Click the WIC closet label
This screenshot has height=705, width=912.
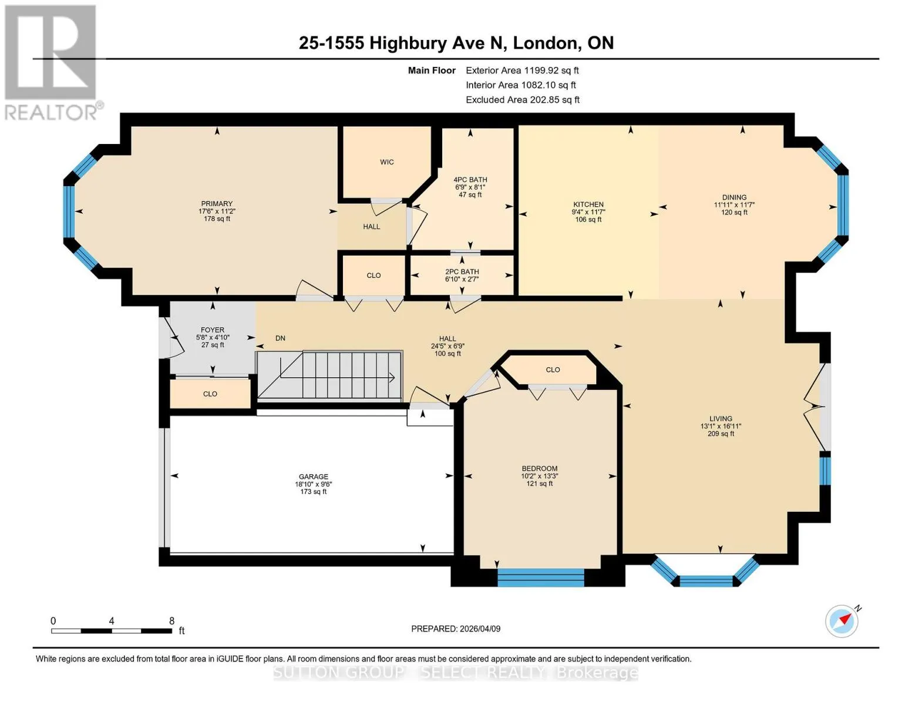click(386, 162)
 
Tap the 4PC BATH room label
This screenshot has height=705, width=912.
click(470, 180)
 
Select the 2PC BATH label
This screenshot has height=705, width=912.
click(462, 271)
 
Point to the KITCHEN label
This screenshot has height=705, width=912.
click(588, 204)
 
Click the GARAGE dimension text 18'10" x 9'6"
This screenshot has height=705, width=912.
click(313, 484)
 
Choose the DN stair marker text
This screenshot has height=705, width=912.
click(280, 338)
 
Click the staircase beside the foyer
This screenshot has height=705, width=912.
click(329, 375)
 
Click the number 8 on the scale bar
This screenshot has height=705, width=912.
click(171, 620)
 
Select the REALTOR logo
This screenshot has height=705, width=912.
click(52, 62)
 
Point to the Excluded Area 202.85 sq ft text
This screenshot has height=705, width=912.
click(523, 100)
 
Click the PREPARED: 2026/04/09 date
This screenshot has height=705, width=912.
click(455, 629)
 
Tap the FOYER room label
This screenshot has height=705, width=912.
click(213, 330)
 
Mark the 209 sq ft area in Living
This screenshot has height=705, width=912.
click(721, 434)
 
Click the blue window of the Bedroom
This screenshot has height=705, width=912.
click(541, 578)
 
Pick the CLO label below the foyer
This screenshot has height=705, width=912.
click(210, 394)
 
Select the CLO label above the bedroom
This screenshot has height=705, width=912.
click(553, 370)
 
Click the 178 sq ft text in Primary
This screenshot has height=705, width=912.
click(217, 219)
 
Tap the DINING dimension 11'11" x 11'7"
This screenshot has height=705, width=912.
click(734, 205)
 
